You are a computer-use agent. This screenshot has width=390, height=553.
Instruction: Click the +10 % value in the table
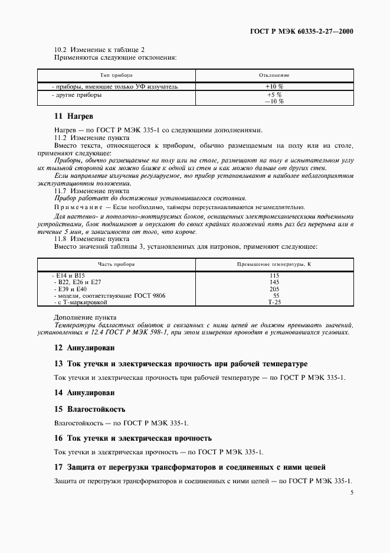coord(274,87)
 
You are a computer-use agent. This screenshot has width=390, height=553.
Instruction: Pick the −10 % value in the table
coord(274,101)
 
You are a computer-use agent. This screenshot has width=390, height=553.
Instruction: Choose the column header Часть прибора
coord(116,264)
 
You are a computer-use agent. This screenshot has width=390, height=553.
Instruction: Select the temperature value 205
coord(274,289)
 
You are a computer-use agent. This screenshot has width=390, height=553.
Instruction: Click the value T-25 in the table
coord(274,302)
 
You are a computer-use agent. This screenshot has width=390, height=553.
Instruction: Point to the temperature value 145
coord(274,282)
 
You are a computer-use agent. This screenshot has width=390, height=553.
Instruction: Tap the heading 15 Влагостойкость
coord(90,409)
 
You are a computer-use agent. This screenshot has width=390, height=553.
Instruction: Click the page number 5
coord(352,493)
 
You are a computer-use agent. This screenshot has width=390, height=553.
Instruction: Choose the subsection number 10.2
coord(61,50)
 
